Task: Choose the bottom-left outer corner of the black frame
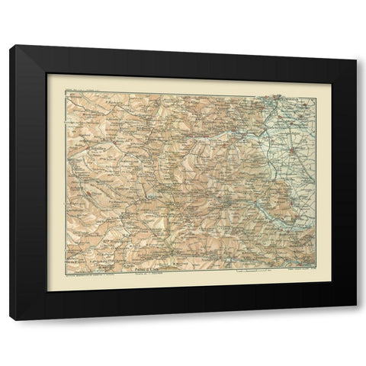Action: pos(11,319)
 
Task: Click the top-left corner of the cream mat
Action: pos(47,74)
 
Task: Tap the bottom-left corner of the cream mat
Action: pos(47,292)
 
